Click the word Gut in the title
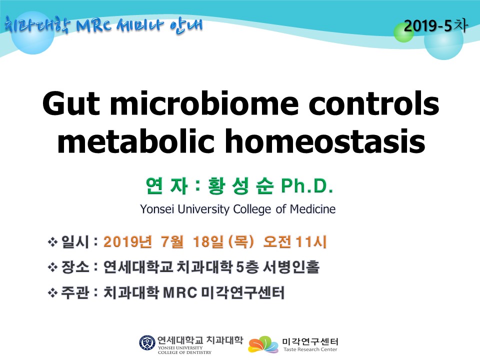point(71,103)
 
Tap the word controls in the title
point(374,102)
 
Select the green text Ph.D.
point(307,185)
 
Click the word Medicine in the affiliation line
point(312,209)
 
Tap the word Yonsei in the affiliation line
point(157,209)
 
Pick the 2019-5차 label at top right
point(435,25)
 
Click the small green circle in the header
point(403,32)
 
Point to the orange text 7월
point(171,241)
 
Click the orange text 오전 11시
point(295,241)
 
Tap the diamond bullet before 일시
point(52,242)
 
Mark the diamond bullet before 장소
point(52,267)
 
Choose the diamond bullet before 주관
point(52,293)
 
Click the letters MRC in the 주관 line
point(180,292)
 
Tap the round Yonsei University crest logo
point(147,343)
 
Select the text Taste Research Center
point(310,349)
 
